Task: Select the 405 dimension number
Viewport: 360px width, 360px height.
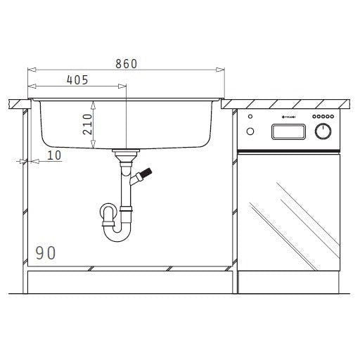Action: (77, 80)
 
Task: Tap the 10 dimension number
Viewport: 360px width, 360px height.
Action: (54, 155)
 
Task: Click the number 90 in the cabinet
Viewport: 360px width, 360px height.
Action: (47, 253)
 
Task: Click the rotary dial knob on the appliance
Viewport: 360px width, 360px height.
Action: (323, 131)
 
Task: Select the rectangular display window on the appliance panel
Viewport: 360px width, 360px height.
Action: (288, 131)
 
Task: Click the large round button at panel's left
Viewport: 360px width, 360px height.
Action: (251, 131)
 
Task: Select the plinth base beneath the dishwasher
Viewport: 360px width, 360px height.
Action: (288, 282)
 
